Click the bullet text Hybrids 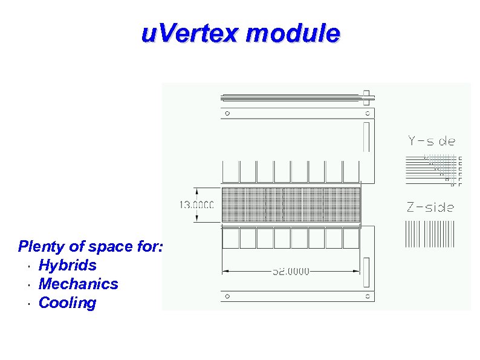click(x=67, y=265)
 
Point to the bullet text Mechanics click(x=78, y=284)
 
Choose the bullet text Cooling click(x=67, y=303)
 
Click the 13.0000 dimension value click(x=196, y=205)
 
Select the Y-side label click(x=431, y=142)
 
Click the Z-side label click(x=430, y=208)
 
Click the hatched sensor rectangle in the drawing click(x=291, y=205)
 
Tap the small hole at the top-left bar click(x=227, y=113)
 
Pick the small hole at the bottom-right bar click(x=367, y=296)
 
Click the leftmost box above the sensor click(x=230, y=171)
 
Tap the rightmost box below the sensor click(x=351, y=238)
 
